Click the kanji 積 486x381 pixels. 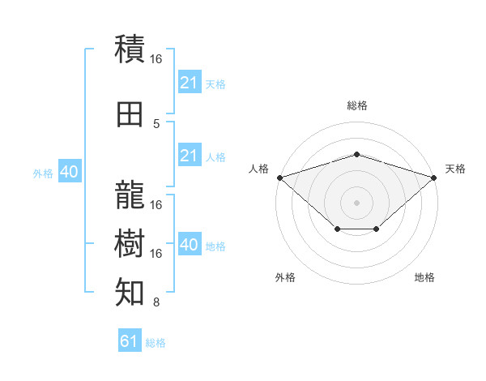[130, 49]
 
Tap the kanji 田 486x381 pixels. [130, 114]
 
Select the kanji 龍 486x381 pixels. [130, 195]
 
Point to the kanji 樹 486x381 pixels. [130, 243]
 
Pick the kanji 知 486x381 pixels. [130, 292]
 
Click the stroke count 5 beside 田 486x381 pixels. [156, 124]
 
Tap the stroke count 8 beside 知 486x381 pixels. [156, 302]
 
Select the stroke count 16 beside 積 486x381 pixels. [156, 59]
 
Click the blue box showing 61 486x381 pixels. [130, 340]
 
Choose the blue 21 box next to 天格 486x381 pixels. [190, 81]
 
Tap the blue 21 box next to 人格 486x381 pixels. [190, 155]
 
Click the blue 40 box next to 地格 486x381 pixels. [190, 243]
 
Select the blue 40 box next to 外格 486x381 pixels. [70, 171]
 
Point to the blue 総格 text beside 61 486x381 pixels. [156, 343]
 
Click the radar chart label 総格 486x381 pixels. [357, 105]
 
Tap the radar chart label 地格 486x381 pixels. [424, 277]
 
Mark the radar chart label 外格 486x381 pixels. [285, 277]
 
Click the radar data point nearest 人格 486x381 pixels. [280, 178]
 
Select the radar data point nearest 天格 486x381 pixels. [434, 178]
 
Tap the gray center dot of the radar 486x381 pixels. [356, 203]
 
